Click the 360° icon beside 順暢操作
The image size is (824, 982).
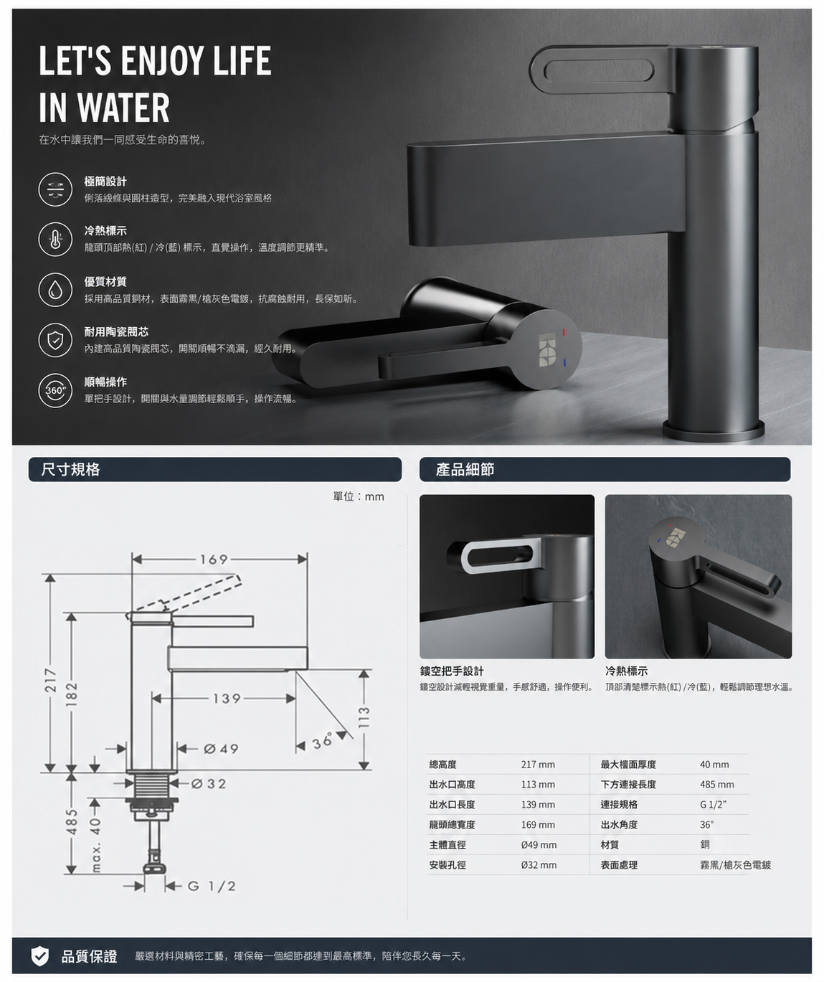point(55,390)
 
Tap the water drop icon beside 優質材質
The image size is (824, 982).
point(55,290)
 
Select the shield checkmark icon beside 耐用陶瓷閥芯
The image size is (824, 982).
point(55,340)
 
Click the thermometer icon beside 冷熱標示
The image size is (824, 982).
point(55,240)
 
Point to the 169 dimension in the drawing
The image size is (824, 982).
point(214,560)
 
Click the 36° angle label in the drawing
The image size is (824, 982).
point(323,741)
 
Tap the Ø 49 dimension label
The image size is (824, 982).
point(221,749)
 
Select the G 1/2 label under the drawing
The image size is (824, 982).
point(212,887)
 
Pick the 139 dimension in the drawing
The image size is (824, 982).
point(227,699)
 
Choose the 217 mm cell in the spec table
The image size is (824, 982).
point(538,764)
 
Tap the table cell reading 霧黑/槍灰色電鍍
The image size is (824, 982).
point(735,865)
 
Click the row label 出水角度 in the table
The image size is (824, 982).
point(619,824)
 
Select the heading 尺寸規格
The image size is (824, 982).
point(70,469)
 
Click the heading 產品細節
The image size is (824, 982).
point(465,469)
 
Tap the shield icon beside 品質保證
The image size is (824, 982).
point(40,956)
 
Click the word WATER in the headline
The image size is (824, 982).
point(123,108)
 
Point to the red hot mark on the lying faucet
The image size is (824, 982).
point(564,333)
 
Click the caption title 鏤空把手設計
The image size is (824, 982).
point(452,671)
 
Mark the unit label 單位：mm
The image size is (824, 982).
point(359,496)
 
